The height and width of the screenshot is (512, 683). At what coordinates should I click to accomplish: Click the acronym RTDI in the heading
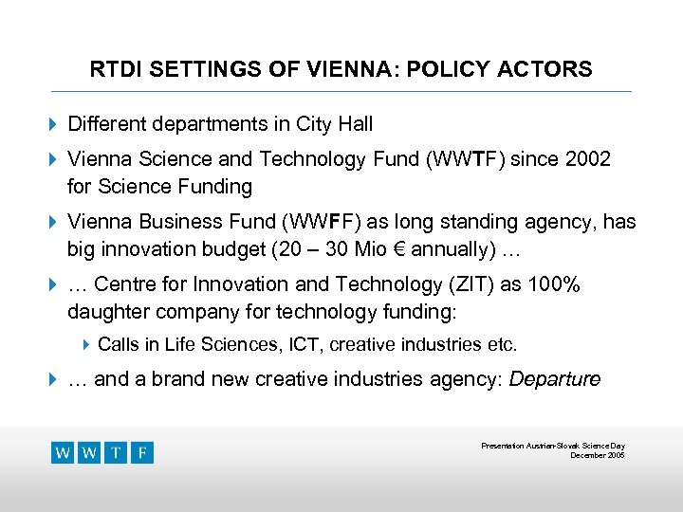coord(113,70)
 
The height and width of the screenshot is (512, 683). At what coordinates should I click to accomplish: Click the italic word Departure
coord(555,379)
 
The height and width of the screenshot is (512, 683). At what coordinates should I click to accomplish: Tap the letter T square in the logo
coord(116,453)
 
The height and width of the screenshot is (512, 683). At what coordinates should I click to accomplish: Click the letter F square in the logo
coord(141,453)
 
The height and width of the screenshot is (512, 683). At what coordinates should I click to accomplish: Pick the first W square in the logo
coord(63,453)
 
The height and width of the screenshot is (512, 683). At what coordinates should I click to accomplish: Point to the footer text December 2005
coord(597,455)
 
